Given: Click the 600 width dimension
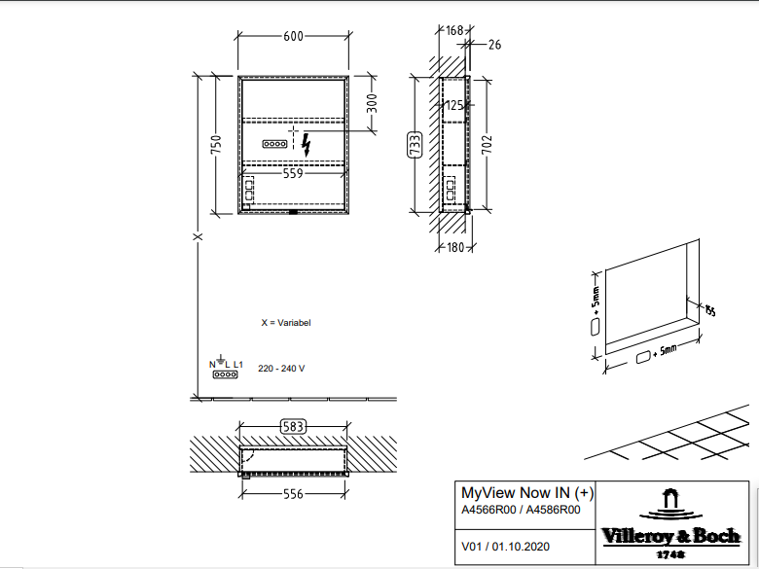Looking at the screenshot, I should pos(293,36).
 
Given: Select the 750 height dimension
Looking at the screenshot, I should pos(217,144).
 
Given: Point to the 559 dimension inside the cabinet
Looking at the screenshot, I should pos(293,174).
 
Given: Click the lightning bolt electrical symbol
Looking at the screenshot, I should pos(307,145).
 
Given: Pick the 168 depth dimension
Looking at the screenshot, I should pos(455,31).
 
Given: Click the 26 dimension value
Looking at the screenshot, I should pos(493,44).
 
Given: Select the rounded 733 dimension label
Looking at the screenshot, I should pos(414,145).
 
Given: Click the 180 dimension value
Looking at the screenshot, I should pos(455,247).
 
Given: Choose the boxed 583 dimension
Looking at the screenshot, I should pos(293,426).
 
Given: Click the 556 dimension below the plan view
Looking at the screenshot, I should pos(293,494).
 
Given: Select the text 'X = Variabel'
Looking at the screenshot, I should pos(286,322).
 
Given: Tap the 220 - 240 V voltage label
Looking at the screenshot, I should pos(281,369).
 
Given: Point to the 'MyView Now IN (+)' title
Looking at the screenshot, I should pos(525,492).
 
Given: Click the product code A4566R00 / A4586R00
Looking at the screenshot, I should pos(521,509).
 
